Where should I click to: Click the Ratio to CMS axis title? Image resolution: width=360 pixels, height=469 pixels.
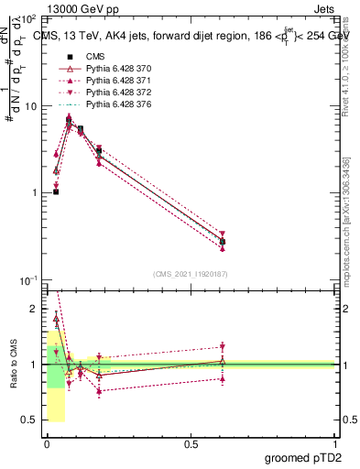pos(15,363)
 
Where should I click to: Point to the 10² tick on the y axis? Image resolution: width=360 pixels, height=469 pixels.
pos(29,19)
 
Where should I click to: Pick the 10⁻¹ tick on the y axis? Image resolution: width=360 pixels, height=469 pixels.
pos(29,279)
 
